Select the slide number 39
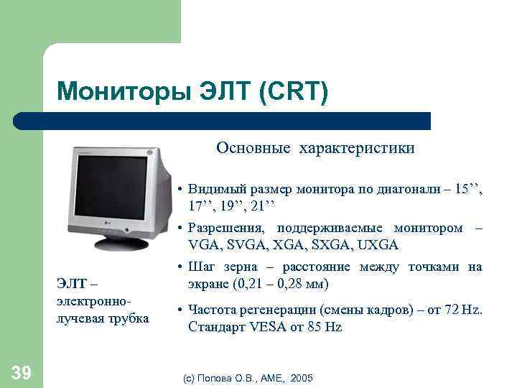pyautogui.click(x=21, y=371)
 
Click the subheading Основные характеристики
pyautogui.click(x=316, y=148)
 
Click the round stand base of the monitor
pyautogui.click(x=121, y=244)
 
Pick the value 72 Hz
pyautogui.click(x=467, y=310)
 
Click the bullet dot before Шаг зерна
pyautogui.click(x=180, y=267)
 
